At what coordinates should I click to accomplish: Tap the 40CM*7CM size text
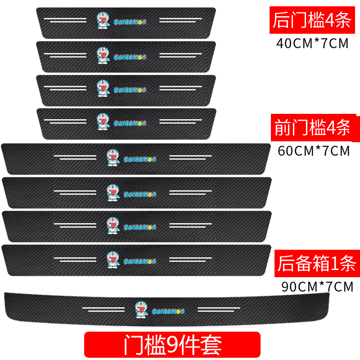tap(312, 44)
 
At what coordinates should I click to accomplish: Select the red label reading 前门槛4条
tap(312, 129)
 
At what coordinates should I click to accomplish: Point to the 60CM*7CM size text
tap(314, 151)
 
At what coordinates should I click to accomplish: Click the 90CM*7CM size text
tap(317, 286)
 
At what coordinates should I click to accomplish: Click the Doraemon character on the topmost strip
tap(103, 20)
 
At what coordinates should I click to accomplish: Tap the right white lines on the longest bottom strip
tap(219, 310)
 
